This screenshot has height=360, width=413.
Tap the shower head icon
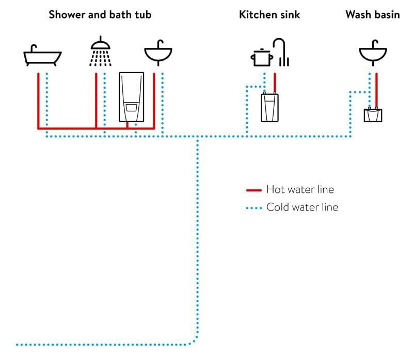[x=100, y=51]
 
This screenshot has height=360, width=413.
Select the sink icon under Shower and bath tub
[x=158, y=53]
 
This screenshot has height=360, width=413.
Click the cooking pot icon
[x=262, y=57]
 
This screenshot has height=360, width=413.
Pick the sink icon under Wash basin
[x=373, y=53]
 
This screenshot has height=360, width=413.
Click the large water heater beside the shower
[x=132, y=97]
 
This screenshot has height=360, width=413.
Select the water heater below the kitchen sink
[x=269, y=107]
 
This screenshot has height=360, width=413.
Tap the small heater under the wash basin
[x=373, y=114]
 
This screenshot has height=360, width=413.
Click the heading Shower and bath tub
[x=100, y=14]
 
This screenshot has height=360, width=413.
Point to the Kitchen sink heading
[x=269, y=14]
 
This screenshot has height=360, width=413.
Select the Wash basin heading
[x=373, y=14]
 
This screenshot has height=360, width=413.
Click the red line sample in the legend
[x=254, y=190]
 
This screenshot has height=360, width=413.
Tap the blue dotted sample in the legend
[x=254, y=208]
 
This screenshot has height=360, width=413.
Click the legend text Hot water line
[x=300, y=189]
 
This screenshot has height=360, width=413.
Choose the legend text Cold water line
[x=303, y=207]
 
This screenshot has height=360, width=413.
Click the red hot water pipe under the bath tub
[x=38, y=101]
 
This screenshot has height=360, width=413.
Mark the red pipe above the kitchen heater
[x=275, y=83]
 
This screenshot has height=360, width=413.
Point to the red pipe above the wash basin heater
[x=377, y=90]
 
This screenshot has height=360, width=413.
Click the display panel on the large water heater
[x=132, y=108]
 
